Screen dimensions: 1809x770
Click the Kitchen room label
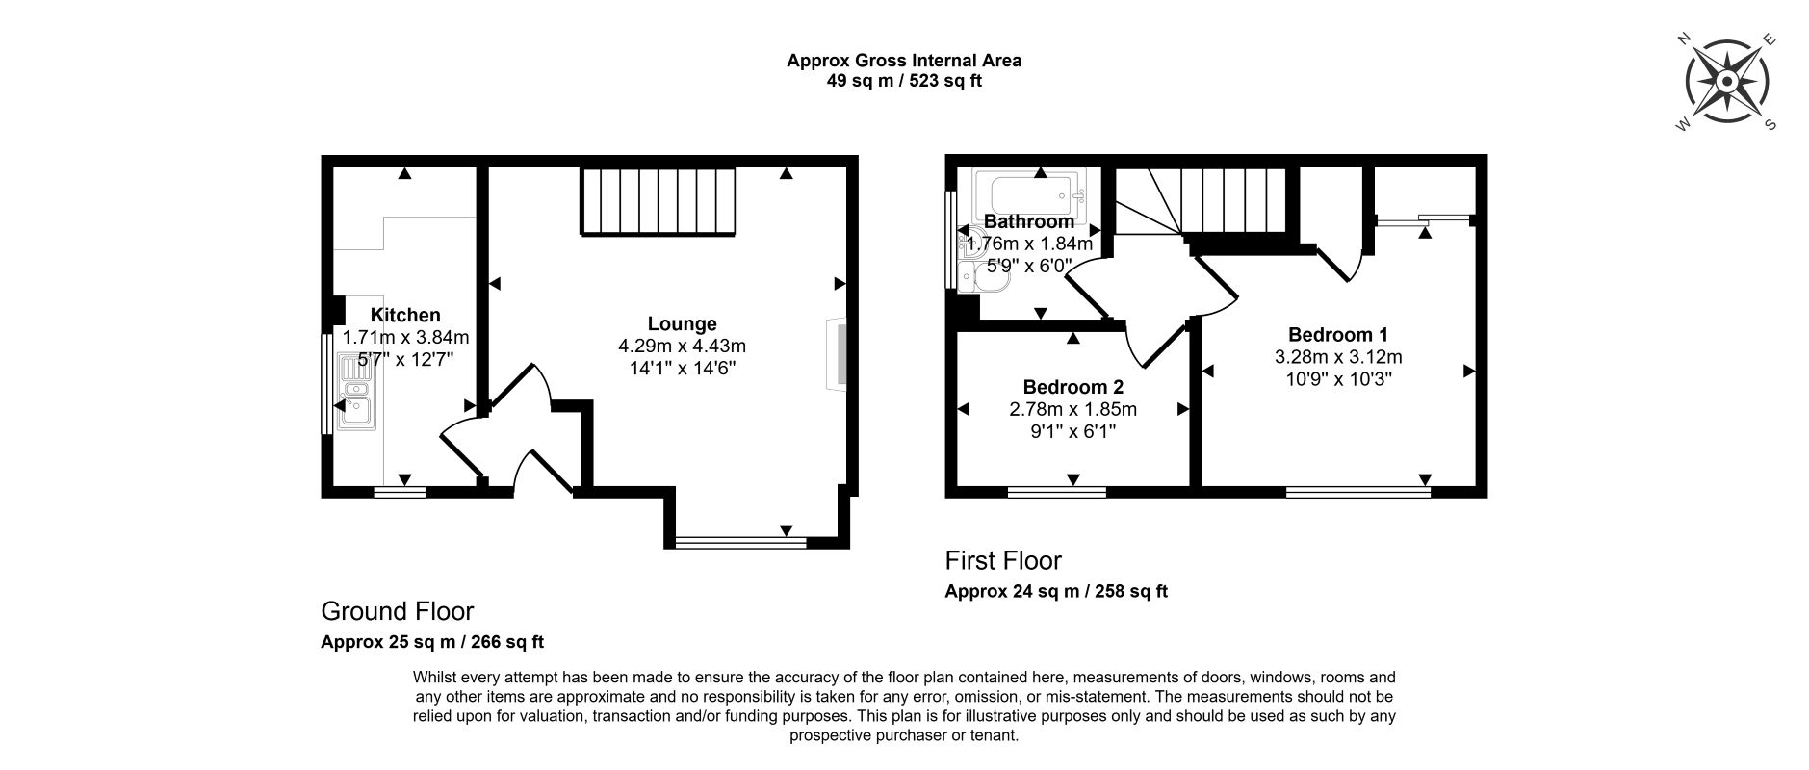coord(405,315)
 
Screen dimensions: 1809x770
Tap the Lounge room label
coord(682,324)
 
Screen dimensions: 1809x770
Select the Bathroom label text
coord(1029,221)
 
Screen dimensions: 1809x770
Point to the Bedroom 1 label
coord(1338,335)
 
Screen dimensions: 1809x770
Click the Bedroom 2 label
coord(1073,387)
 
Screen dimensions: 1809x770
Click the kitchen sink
coord(353,393)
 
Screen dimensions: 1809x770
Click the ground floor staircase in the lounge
coord(659,201)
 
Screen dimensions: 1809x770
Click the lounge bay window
coord(740,543)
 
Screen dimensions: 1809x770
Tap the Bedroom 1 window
coord(1357,492)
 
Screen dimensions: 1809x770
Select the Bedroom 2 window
coord(1057,492)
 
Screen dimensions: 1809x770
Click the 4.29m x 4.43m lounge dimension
coord(682,346)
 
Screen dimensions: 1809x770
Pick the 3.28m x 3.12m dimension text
coord(1338,356)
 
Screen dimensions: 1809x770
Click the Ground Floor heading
coord(397,611)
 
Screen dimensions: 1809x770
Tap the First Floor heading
coord(1003,560)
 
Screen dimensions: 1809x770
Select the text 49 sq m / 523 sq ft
coord(904,81)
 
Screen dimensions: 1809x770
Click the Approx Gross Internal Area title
coord(904,61)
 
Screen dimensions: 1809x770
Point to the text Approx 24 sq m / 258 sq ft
coord(1056,591)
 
